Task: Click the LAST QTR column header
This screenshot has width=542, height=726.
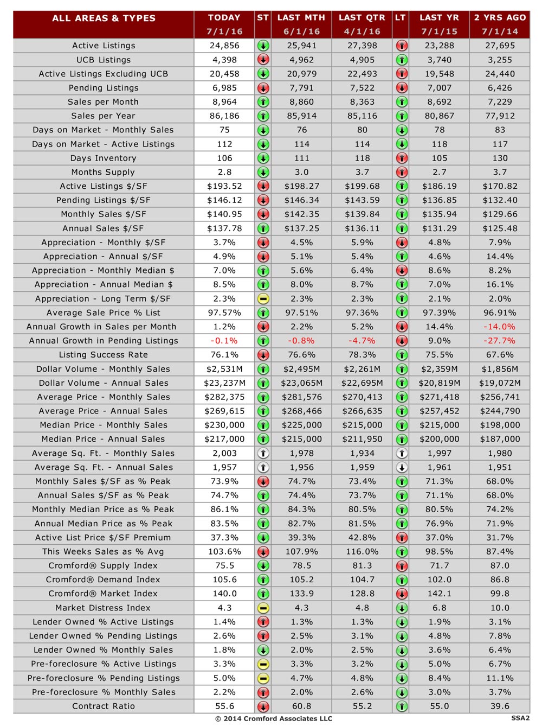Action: tap(362, 17)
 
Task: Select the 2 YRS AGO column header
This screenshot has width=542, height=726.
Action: tap(500, 17)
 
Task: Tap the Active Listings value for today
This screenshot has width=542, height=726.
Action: tap(224, 46)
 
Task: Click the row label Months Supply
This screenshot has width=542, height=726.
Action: tap(103, 172)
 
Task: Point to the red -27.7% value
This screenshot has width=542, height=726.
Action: tap(499, 340)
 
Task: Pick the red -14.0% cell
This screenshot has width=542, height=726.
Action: tap(499, 327)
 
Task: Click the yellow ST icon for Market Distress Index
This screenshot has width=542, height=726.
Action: tap(263, 608)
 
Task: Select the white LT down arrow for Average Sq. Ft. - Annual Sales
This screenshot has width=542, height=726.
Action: tap(401, 467)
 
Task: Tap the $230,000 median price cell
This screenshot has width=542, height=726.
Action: tap(224, 425)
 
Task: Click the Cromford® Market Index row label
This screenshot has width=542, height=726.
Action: tap(103, 594)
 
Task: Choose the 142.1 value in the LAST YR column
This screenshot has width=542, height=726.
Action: tap(439, 594)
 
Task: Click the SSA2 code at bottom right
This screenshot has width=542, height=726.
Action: tap(520, 718)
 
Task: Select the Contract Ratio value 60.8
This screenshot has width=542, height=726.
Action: tap(301, 706)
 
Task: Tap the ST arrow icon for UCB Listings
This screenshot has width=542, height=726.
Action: tap(263, 60)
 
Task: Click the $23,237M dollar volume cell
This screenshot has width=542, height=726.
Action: tap(224, 383)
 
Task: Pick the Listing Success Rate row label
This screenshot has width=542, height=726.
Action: tap(103, 354)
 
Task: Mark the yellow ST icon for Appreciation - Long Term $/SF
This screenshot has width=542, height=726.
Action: tap(263, 298)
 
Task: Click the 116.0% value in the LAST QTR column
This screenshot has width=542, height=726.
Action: tap(362, 551)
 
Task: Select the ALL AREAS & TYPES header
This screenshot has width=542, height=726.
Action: tap(104, 18)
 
